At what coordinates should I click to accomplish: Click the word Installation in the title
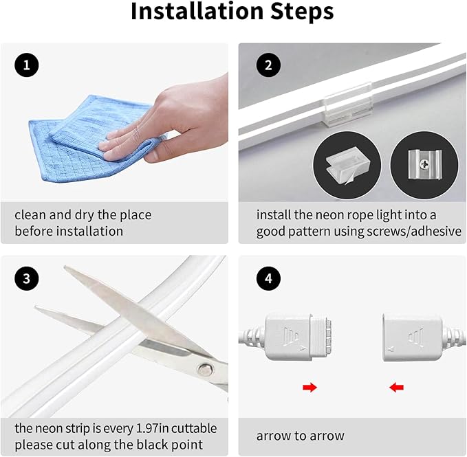tap(197, 11)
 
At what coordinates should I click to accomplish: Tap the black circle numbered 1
tap(27, 65)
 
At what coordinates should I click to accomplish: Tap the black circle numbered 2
tap(268, 65)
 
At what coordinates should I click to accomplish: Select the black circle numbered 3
tap(27, 278)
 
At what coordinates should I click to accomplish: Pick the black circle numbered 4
tap(268, 278)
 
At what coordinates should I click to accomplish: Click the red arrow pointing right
tap(309, 388)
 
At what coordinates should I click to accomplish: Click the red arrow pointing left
tap(396, 388)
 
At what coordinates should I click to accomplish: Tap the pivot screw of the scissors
tap(206, 370)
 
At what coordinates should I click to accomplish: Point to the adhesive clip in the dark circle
tap(347, 166)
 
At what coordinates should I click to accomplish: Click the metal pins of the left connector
tap(329, 335)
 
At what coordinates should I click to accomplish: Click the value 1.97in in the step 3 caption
tap(152, 428)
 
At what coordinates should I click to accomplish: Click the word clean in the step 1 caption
tap(31, 215)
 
